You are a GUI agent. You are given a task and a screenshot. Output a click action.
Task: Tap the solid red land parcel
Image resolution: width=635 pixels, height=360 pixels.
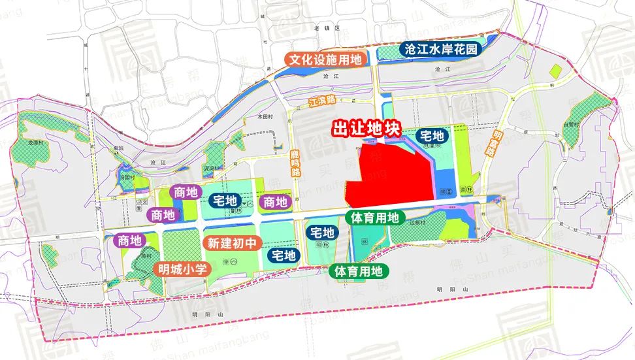coord(389,175)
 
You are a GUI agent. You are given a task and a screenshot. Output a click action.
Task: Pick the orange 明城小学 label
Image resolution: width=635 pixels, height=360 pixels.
coord(180,268)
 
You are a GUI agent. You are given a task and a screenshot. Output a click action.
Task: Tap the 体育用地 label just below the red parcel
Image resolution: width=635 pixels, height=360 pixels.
coord(371,218)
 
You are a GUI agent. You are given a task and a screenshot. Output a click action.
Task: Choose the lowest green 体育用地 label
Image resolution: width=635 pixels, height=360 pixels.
coord(357,270)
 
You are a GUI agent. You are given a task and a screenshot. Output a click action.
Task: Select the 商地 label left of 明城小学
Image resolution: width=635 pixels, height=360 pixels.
coord(128,240)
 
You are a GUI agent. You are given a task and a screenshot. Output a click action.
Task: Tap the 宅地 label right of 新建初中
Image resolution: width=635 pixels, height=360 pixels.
coord(283,255)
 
